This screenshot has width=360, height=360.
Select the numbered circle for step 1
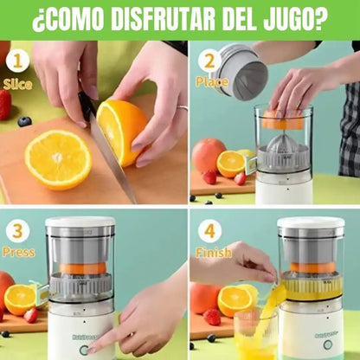(16, 62)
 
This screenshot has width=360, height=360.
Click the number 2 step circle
(208, 61)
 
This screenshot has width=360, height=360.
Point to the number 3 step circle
(16, 232)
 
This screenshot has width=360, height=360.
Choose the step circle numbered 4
(208, 232)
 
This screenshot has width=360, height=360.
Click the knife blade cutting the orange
(110, 156)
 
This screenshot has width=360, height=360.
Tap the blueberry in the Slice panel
(24, 121)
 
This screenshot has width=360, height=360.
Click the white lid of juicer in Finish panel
(311, 222)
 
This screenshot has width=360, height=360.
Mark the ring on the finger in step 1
(182, 109)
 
